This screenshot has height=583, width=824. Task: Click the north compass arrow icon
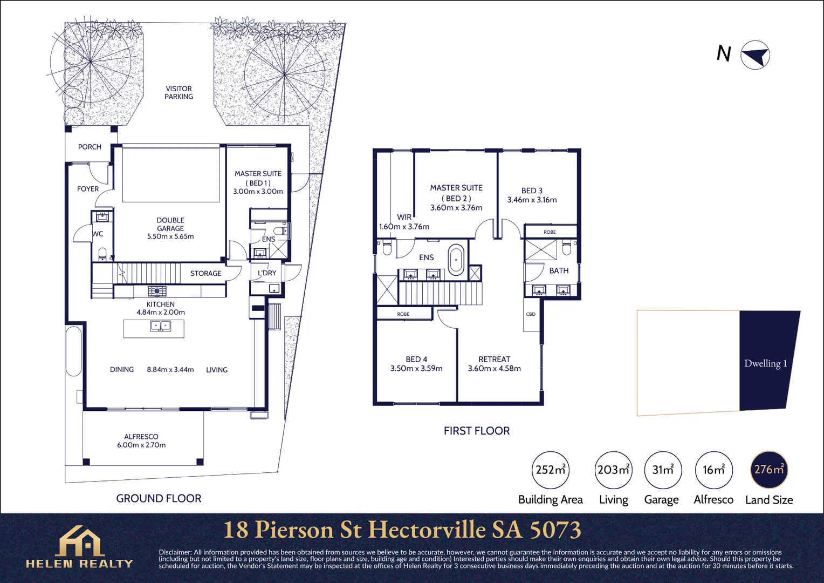coord(755,55)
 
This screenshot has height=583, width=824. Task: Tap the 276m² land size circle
coord(769,470)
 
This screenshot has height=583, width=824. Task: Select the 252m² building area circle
coord(550,470)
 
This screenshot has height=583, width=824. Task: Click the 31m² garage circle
coord(663,470)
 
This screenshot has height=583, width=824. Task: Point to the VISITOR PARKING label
coord(178,92)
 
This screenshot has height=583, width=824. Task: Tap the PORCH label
coord(90,147)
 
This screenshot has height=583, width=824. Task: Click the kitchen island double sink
coord(160,326)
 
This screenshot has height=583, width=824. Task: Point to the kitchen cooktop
coord(157,291)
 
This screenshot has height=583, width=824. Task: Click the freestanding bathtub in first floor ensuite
coord(456,260)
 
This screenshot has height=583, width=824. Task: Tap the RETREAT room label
coord(494,360)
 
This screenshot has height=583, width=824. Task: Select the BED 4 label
coord(416,360)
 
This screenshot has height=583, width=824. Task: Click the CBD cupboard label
coord(531,314)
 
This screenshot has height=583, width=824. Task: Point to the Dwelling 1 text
coord(765,363)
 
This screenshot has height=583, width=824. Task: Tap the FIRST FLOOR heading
coord(477,431)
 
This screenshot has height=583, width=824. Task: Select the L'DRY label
coord(267,273)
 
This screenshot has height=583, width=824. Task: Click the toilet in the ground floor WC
coord(102,254)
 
